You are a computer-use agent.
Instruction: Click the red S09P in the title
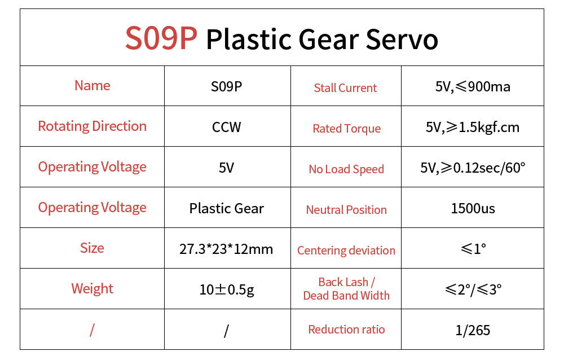pyautogui.click(x=161, y=38)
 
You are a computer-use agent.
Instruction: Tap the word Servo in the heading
pyautogui.click(x=402, y=39)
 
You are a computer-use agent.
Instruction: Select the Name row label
pyautogui.click(x=92, y=86)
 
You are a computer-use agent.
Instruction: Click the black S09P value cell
pyautogui.click(x=226, y=86)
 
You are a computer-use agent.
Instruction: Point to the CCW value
pyautogui.click(x=226, y=127)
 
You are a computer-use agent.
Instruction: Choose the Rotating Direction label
pyautogui.click(x=92, y=126)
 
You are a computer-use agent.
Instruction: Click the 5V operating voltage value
pyautogui.click(x=226, y=168)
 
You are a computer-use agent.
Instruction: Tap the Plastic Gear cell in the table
pyautogui.click(x=226, y=208)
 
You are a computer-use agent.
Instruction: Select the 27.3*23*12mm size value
pyautogui.click(x=226, y=249)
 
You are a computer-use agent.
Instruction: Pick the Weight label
pyautogui.click(x=92, y=289)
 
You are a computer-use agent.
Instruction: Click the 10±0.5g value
pyautogui.click(x=227, y=290)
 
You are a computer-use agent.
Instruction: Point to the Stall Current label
pyautogui.click(x=345, y=88)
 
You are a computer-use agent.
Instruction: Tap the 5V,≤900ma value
pyautogui.click(x=473, y=86)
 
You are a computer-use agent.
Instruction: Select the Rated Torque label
pyautogui.click(x=346, y=129)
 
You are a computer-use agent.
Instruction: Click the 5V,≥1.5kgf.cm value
pyautogui.click(x=473, y=127)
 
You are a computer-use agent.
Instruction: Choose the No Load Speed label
pyautogui.click(x=346, y=169)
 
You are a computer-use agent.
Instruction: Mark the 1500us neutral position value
pyautogui.click(x=473, y=208)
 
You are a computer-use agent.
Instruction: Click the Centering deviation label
pyautogui.click(x=346, y=250)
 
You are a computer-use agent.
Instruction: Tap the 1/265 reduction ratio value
pyautogui.click(x=473, y=330)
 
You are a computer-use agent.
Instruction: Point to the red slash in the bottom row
pyautogui.click(x=92, y=330)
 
